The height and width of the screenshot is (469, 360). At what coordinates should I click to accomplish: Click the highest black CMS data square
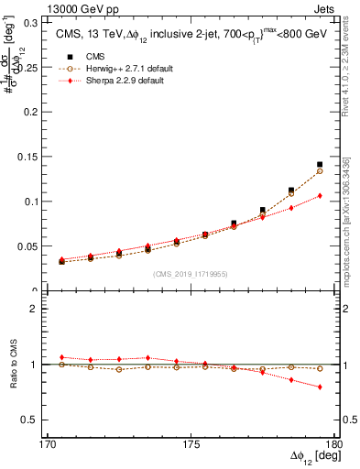[320, 165]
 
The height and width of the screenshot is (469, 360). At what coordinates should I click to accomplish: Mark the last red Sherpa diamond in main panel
[320, 195]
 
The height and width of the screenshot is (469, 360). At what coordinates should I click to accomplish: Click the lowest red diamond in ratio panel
[320, 387]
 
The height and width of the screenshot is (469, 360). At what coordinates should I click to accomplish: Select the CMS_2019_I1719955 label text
[190, 273]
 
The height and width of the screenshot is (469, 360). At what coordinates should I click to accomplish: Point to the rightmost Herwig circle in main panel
[320, 171]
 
